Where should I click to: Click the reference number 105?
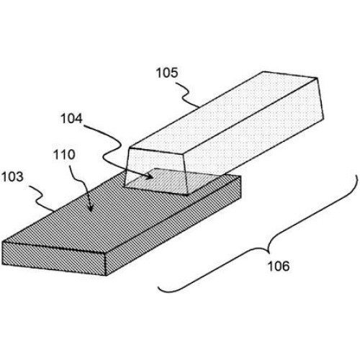[x=167, y=73]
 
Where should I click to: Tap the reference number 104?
[x=71, y=119]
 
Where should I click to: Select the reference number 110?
[x=64, y=155]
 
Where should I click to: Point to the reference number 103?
[x=12, y=177]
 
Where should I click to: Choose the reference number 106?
[x=279, y=266]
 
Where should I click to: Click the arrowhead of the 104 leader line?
[x=150, y=177]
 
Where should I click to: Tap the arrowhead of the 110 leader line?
[x=91, y=208]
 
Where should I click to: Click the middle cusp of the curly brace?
[x=269, y=253]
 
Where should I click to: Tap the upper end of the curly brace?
[x=356, y=175]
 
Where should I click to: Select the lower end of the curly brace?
[x=158, y=287]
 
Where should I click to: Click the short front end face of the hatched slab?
[x=54, y=258]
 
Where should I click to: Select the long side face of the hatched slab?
[x=173, y=225]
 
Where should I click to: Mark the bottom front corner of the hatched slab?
[x=106, y=275]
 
